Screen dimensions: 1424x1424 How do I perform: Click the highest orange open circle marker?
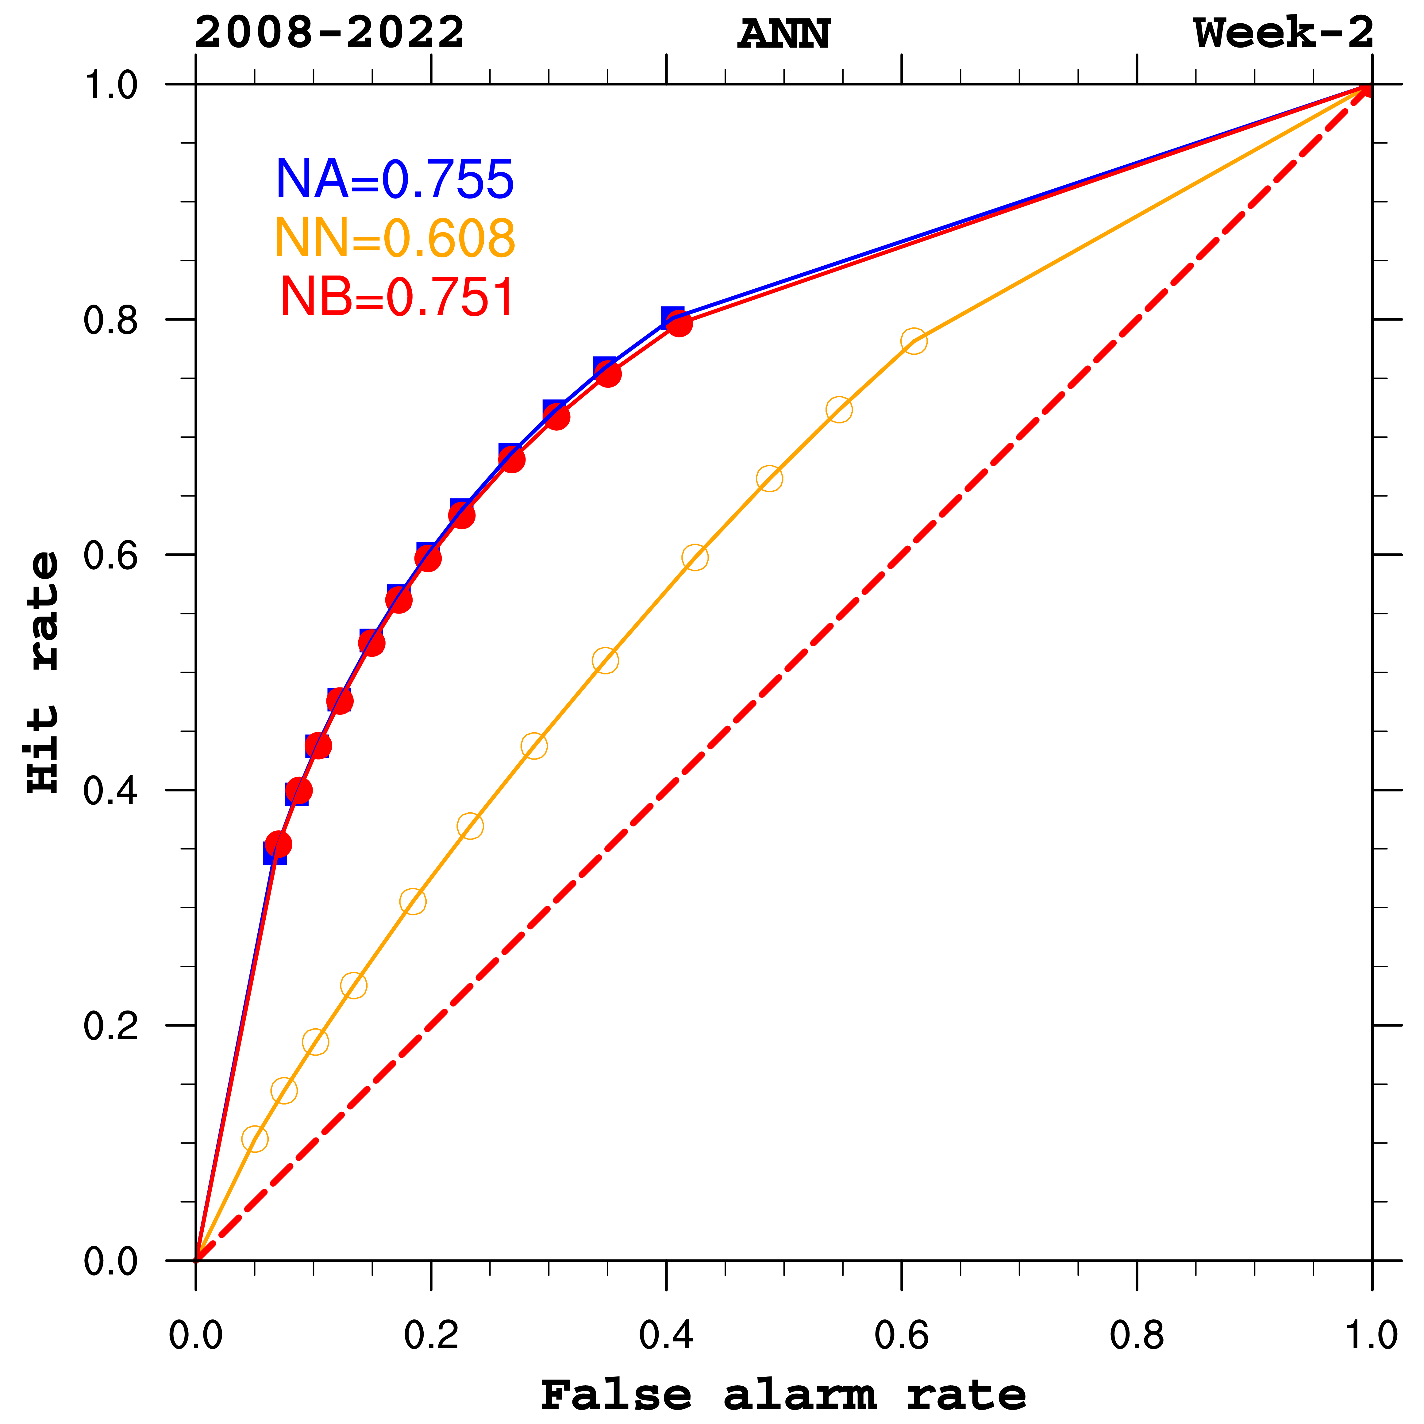(x=913, y=341)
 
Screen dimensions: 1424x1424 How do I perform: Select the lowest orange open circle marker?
(x=254, y=1139)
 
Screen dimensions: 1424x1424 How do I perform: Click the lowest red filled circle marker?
(x=278, y=844)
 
